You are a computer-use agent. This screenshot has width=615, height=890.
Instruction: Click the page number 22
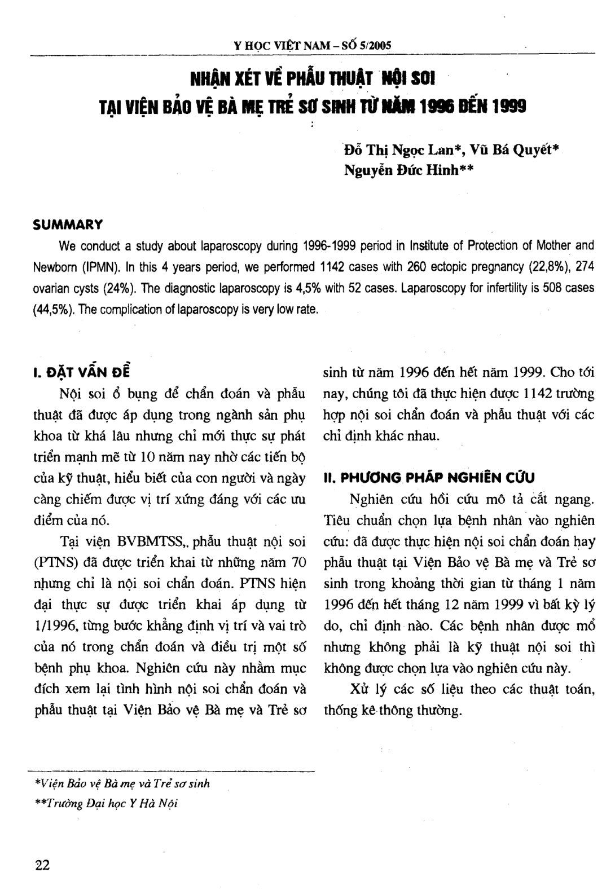42,865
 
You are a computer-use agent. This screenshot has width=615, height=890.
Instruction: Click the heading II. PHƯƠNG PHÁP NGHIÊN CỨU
429,478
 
